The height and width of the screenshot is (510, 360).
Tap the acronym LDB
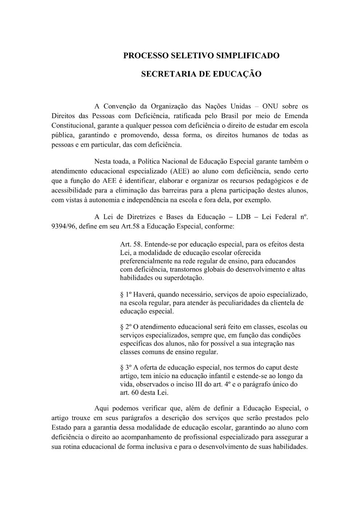(x=244, y=217)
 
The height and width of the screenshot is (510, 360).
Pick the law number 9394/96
(x=63, y=227)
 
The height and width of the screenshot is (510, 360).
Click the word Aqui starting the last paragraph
(x=102, y=408)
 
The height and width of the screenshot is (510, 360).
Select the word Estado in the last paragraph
(x=61, y=427)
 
